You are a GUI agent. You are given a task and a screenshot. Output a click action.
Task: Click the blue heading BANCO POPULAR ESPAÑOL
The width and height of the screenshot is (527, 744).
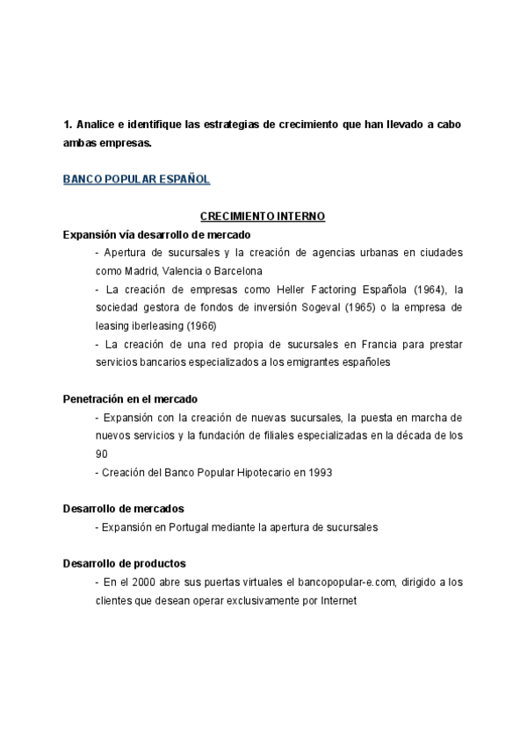[x=136, y=179]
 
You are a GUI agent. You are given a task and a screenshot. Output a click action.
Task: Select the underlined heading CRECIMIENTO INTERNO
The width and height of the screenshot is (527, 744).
[x=263, y=216]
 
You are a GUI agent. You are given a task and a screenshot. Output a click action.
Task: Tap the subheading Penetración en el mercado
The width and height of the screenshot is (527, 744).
[x=130, y=398]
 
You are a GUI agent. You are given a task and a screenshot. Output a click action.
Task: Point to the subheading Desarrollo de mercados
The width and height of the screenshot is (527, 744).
[x=123, y=509]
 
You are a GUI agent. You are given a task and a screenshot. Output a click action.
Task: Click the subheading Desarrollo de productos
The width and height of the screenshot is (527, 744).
[x=124, y=563]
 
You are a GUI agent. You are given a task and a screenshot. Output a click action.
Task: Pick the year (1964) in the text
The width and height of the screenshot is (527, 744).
[x=430, y=290]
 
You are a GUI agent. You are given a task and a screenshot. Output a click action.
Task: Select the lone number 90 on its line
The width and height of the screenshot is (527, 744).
[x=102, y=454]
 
